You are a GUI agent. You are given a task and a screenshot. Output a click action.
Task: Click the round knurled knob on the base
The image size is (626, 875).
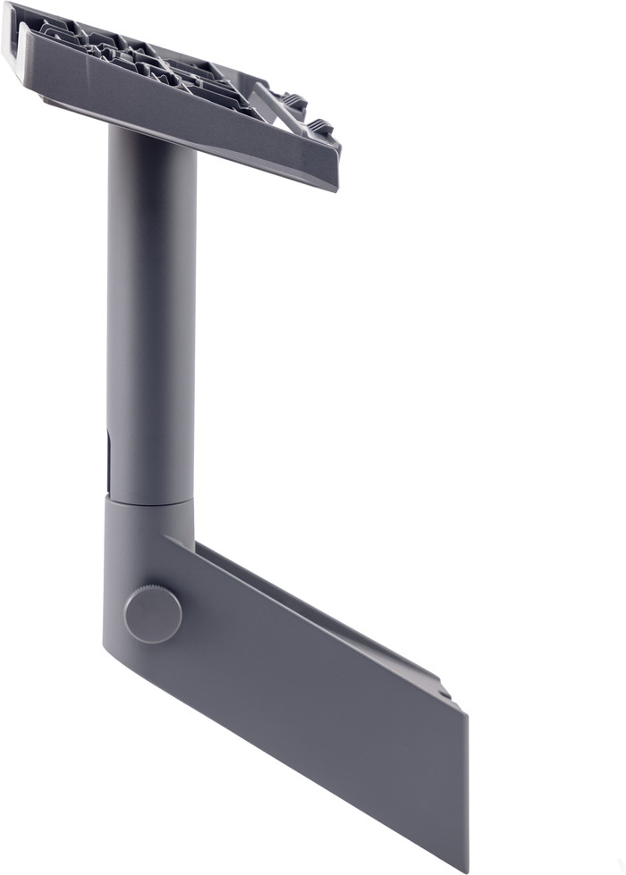[x=153, y=614]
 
